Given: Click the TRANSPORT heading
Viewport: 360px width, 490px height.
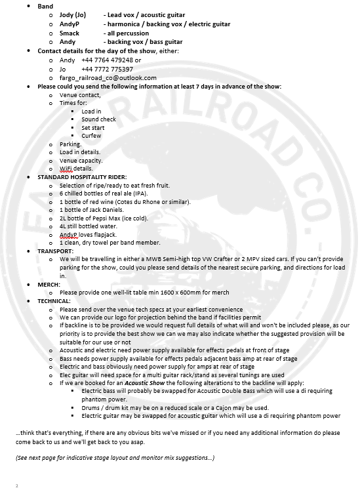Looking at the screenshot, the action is (x=56, y=251).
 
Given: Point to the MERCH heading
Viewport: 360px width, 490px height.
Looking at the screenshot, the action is (x=50, y=284).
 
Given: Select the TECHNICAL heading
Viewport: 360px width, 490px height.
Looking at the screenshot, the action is (x=56, y=300).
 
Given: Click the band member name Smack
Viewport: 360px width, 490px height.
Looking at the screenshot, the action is (x=69, y=32).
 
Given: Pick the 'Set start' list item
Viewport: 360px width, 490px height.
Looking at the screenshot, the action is (x=94, y=127).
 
